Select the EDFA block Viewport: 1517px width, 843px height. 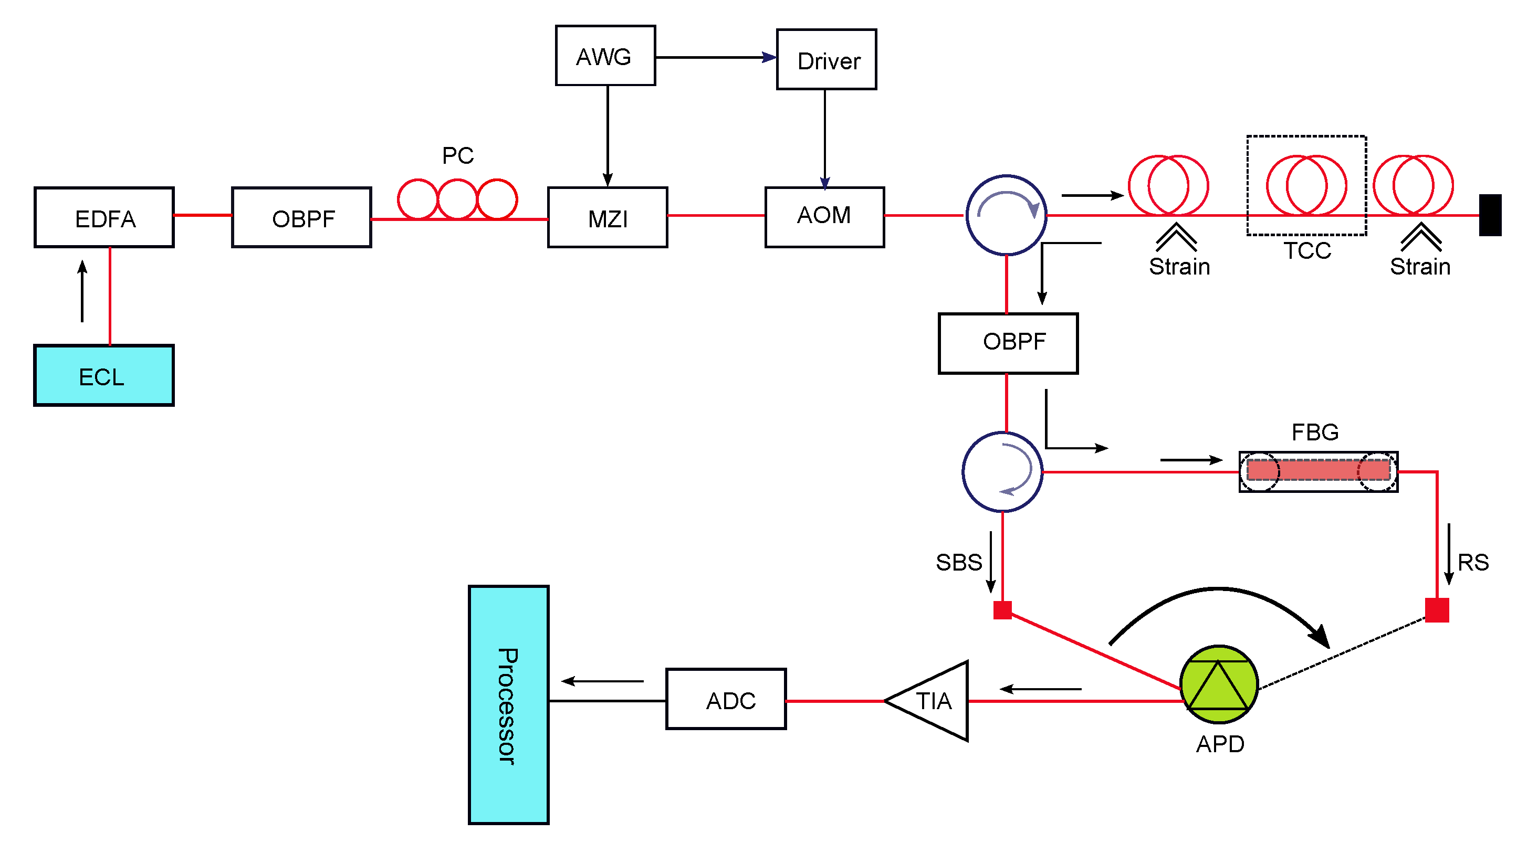tap(104, 217)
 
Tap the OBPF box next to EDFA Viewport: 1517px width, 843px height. tap(301, 217)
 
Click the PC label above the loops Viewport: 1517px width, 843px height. tap(457, 155)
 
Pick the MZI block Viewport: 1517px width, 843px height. tap(607, 217)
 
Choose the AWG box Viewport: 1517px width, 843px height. tap(605, 56)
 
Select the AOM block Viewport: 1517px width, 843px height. tap(824, 217)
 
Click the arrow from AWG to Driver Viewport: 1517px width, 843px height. tap(716, 57)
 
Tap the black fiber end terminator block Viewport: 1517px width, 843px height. tap(1490, 215)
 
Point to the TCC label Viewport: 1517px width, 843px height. tap(1307, 251)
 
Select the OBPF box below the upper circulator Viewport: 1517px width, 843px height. tap(1008, 343)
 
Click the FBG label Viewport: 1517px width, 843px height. tap(1314, 432)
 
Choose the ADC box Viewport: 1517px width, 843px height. tap(726, 699)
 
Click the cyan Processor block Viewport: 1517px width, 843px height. tap(508, 704)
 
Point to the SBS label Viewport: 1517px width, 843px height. tap(958, 562)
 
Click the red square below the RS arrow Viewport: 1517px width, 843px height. tap(1436, 610)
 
